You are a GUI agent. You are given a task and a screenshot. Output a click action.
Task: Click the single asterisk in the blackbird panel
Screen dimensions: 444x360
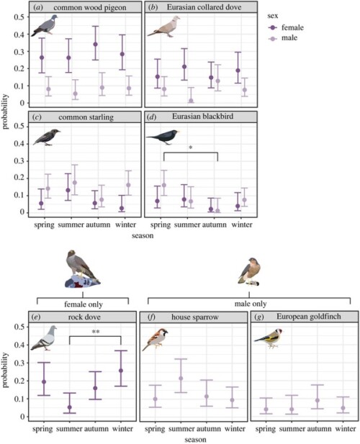tap(189, 148)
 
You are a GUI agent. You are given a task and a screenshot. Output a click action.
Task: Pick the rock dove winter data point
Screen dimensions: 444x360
tap(121, 371)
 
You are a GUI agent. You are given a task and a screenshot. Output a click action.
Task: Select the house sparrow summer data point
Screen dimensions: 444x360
tap(181, 379)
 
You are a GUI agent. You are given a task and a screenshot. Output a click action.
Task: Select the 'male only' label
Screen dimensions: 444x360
tap(249, 305)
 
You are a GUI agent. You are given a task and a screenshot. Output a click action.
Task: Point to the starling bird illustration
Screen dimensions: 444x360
tap(45, 136)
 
